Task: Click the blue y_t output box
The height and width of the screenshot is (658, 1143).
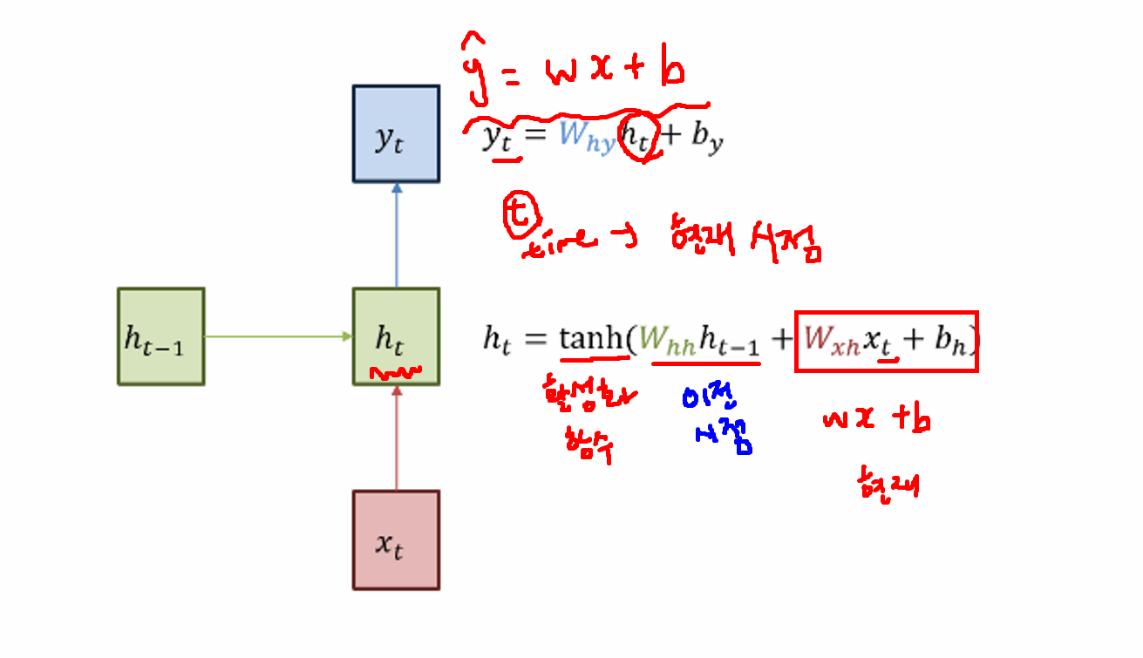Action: pyautogui.click(x=396, y=133)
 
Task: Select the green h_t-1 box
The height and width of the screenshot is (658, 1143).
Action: pyautogui.click(x=161, y=336)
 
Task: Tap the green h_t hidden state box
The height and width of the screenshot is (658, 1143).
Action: pyautogui.click(x=396, y=336)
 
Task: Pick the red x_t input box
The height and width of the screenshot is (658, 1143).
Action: pyautogui.click(x=396, y=540)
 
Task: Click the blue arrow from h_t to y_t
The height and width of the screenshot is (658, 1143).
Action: pyautogui.click(x=397, y=235)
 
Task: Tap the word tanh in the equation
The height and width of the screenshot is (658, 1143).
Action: pyautogui.click(x=592, y=338)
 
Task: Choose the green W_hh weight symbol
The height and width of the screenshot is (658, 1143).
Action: pyautogui.click(x=667, y=340)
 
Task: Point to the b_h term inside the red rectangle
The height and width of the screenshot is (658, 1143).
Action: pyautogui.click(x=950, y=340)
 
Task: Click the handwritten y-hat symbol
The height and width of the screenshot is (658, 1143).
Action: pyautogui.click(x=478, y=65)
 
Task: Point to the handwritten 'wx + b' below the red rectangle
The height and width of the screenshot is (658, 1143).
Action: pyautogui.click(x=876, y=421)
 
